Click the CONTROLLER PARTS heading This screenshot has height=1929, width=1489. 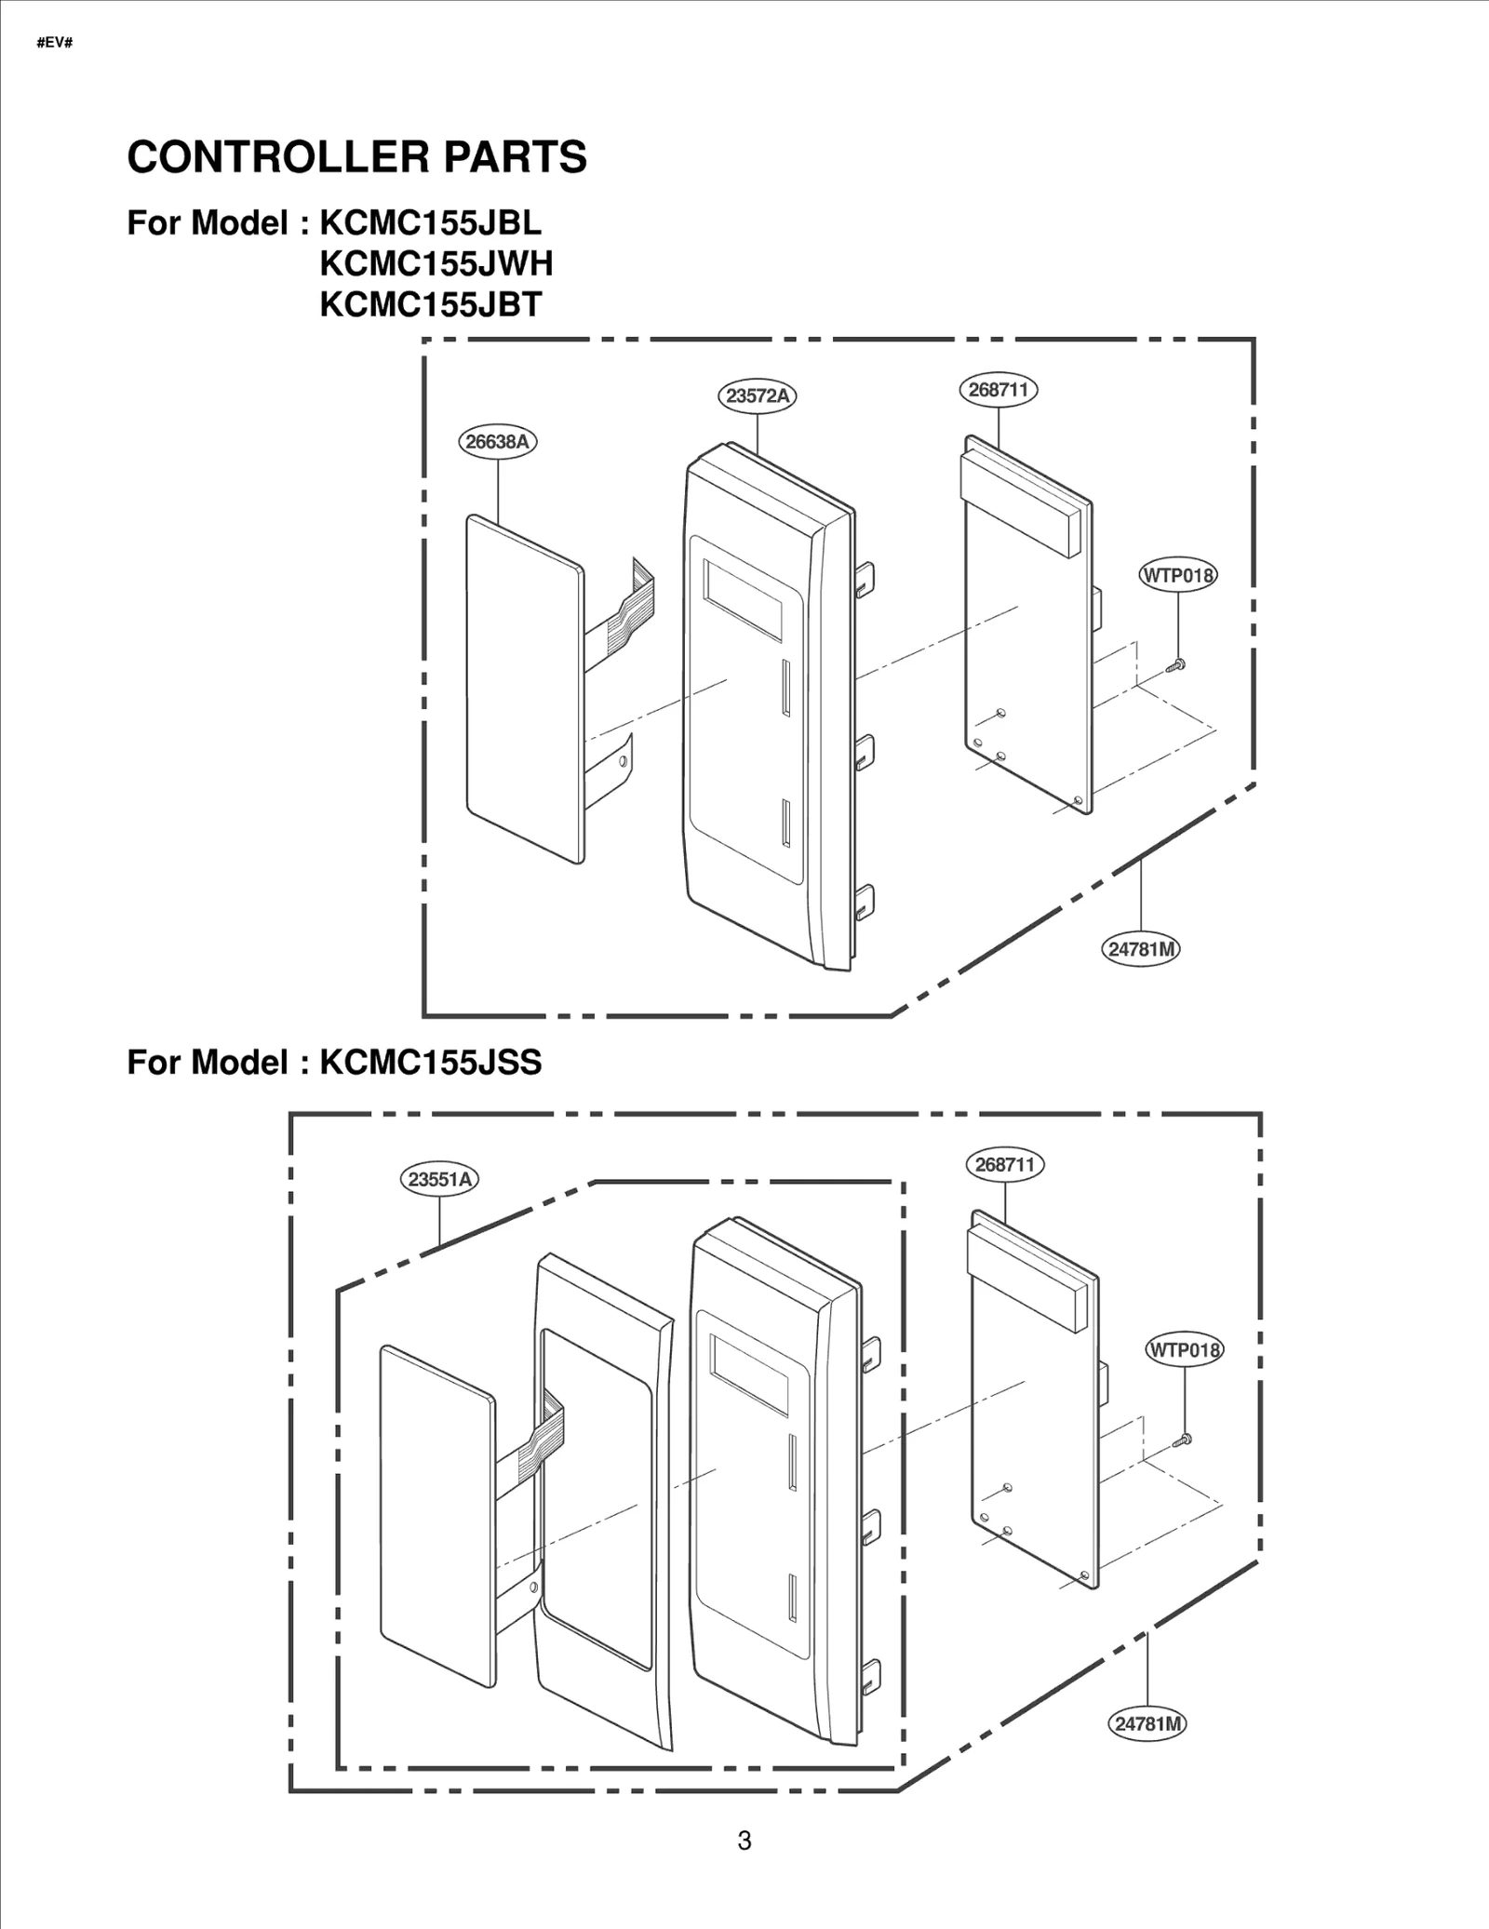(x=356, y=156)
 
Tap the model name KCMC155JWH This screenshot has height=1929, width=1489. (x=436, y=264)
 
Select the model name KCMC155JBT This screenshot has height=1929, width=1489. (x=430, y=305)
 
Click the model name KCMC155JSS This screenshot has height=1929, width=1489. (x=430, y=1062)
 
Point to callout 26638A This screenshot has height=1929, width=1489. (x=498, y=441)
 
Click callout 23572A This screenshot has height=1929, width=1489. (x=758, y=395)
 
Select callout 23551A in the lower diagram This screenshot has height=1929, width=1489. (x=440, y=1179)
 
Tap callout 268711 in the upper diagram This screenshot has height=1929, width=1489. (x=999, y=389)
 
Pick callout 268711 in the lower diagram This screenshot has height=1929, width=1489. (x=1005, y=1164)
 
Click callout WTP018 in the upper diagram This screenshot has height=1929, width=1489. (x=1178, y=575)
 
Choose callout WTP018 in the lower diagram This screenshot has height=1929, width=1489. (x=1184, y=1349)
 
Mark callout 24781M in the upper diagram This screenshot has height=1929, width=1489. (x=1141, y=949)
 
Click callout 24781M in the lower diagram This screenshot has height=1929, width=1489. (x=1147, y=1723)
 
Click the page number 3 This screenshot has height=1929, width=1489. (x=744, y=1841)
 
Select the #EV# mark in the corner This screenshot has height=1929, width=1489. (x=54, y=43)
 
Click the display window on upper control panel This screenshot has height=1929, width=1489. (x=743, y=600)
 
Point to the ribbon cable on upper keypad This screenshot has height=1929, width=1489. (x=631, y=605)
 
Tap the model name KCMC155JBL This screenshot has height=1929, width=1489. (x=430, y=223)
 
